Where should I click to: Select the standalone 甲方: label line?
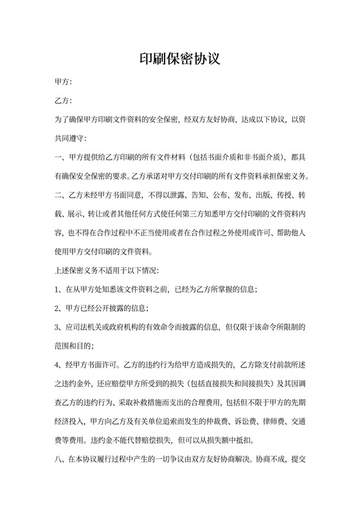pos(64,82)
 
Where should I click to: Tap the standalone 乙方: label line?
pos(64,101)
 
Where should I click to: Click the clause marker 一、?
pos(60,157)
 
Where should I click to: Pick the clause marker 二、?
pos(60,195)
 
